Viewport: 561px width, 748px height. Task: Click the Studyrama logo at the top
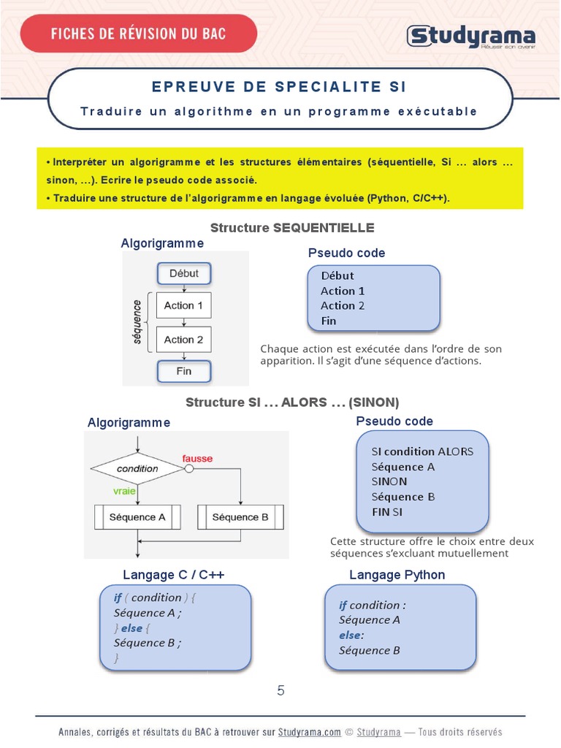click(470, 36)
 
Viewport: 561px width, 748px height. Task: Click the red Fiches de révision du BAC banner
click(138, 34)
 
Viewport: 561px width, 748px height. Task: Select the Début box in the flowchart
click(184, 273)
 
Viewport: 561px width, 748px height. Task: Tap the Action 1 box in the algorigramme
click(183, 305)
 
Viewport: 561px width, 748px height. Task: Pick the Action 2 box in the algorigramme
click(183, 340)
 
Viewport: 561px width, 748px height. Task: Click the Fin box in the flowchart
click(184, 371)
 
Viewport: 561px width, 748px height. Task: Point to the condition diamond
click(137, 468)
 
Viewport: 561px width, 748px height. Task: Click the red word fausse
click(197, 459)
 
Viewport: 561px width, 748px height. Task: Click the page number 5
click(280, 690)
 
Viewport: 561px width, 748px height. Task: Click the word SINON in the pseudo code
click(389, 481)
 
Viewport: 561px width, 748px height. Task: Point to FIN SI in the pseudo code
click(387, 512)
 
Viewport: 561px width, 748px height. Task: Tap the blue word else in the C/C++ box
click(131, 627)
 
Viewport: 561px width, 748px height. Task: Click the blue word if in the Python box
click(343, 605)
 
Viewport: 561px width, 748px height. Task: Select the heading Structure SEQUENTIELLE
click(292, 228)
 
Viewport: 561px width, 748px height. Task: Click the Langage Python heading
click(397, 575)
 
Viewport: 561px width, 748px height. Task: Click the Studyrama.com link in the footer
click(310, 732)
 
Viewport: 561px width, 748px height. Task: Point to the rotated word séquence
click(136, 321)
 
